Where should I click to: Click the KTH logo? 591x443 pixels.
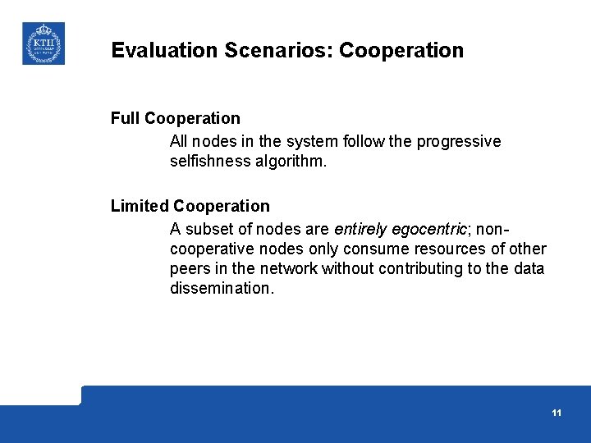(x=43, y=43)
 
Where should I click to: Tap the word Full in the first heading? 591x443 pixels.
(x=126, y=118)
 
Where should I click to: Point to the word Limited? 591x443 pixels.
(x=140, y=206)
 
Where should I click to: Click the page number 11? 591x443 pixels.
(x=557, y=413)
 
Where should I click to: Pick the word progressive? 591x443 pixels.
(x=459, y=141)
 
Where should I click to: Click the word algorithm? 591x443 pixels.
(x=293, y=162)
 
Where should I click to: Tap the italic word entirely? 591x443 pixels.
(x=362, y=228)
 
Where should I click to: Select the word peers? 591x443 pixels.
(x=190, y=268)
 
